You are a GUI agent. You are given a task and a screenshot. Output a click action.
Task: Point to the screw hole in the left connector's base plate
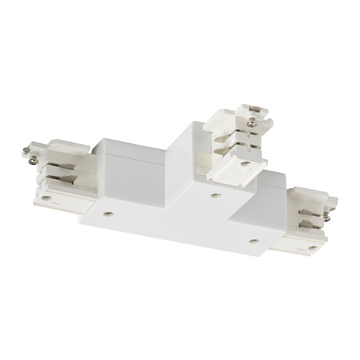[x=46, y=195]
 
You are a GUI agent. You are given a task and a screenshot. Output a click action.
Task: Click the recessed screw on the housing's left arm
[x=107, y=213]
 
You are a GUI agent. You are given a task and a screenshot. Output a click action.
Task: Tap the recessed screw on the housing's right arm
[x=253, y=241]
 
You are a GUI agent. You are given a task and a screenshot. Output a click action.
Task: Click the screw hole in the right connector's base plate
[x=311, y=247]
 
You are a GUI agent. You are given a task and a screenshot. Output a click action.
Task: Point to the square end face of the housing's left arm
[x=76, y=180]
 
